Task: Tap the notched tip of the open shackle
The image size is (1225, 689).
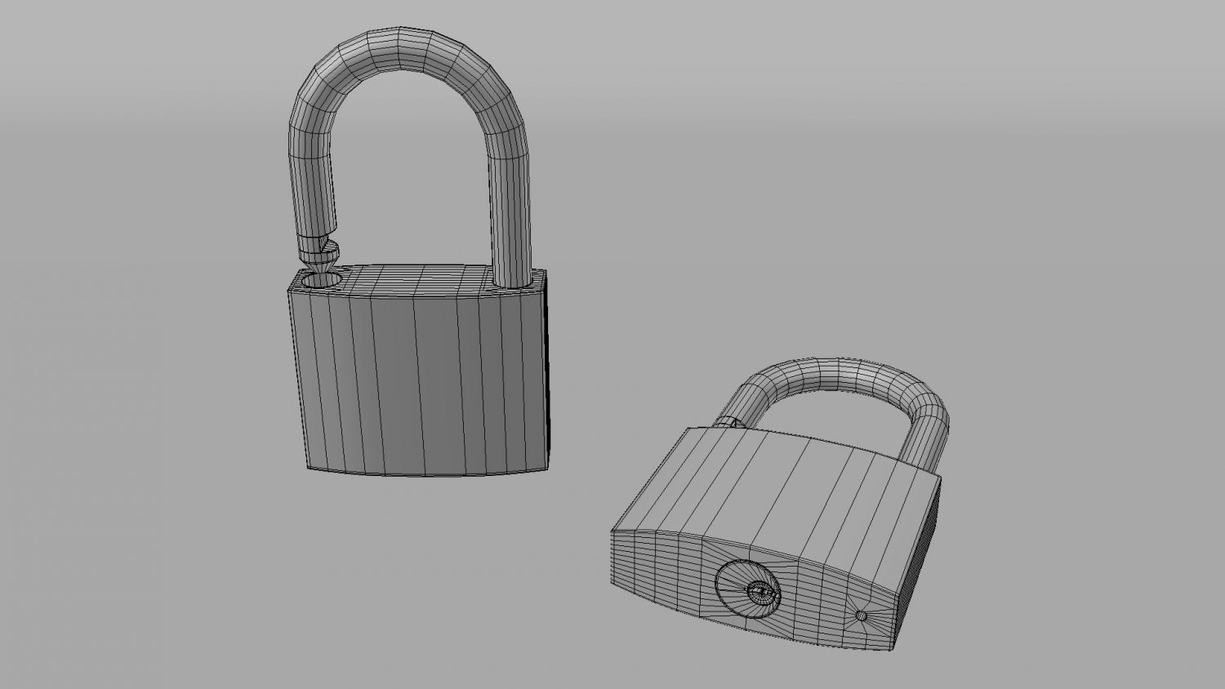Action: (x=319, y=260)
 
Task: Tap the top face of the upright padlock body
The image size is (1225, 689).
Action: (x=416, y=278)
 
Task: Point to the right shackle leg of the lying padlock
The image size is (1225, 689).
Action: (x=931, y=441)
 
